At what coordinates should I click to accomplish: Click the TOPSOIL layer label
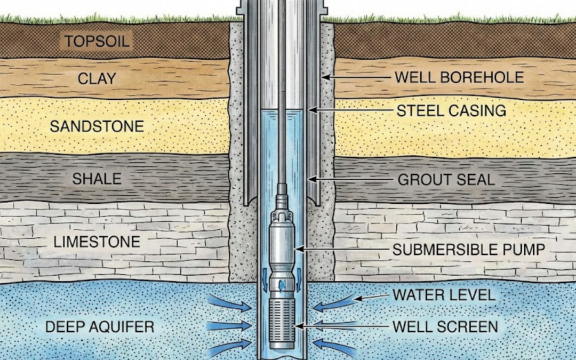pyautogui.click(x=97, y=41)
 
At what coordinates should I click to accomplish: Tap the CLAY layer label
pyautogui.click(x=97, y=79)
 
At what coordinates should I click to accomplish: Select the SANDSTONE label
pyautogui.click(x=97, y=126)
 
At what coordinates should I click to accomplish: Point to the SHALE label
pyautogui.click(x=97, y=179)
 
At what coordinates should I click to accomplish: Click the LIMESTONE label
pyautogui.click(x=97, y=242)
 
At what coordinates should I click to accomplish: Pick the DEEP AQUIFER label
pyautogui.click(x=100, y=327)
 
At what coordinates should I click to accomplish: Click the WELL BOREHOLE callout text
pyautogui.click(x=459, y=78)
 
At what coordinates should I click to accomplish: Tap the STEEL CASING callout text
pyautogui.click(x=451, y=110)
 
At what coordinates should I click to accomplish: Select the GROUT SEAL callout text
pyautogui.click(x=446, y=179)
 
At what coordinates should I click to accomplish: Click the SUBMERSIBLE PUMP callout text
pyautogui.click(x=469, y=249)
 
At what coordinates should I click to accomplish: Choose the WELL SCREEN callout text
pyautogui.click(x=445, y=326)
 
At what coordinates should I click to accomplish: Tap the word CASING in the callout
pyautogui.click(x=477, y=110)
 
